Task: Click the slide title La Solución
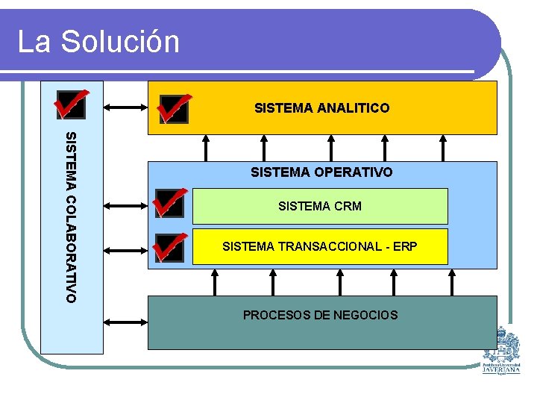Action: (98, 42)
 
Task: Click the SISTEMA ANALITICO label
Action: (321, 108)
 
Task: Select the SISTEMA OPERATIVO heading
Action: (321, 172)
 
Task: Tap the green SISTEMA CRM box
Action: (320, 206)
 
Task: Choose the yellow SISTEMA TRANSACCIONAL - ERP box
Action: (320, 246)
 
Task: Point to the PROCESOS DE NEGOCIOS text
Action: (320, 315)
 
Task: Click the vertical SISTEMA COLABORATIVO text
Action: (71, 216)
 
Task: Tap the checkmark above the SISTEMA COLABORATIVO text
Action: (71, 104)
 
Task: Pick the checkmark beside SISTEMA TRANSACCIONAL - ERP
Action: (170, 247)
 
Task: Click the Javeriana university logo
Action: (501, 350)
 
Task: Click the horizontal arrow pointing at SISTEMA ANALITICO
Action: (126, 107)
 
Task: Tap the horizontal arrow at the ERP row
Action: (126, 247)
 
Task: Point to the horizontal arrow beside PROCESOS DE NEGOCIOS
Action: (126, 321)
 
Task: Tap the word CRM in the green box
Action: (348, 206)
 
